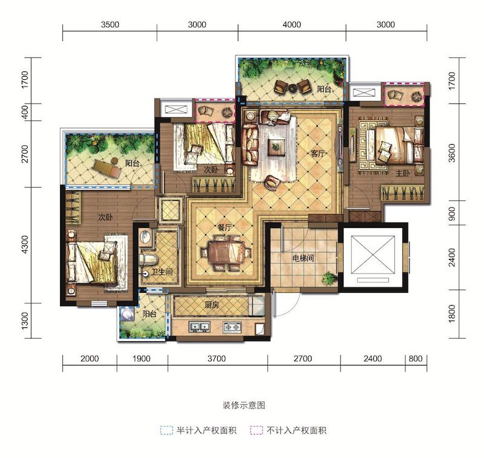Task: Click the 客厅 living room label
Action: pos(318,154)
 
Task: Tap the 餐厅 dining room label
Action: pos(224,228)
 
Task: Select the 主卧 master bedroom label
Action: pos(403,174)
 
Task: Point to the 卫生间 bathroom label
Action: pos(162,272)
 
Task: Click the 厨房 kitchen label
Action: pos(212,305)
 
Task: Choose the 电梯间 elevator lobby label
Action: pos(303,258)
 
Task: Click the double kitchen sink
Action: pos(200,327)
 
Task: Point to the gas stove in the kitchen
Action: pos(232,327)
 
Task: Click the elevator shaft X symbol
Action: pos(373,255)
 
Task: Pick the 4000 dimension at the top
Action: pos(292,24)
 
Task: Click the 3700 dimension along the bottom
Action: pos(217,359)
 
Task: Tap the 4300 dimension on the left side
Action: pos(25,245)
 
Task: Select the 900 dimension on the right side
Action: pos(451,213)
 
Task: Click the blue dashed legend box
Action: pos(167,431)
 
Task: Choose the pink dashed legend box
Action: pos(257,431)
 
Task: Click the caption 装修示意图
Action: pos(244,405)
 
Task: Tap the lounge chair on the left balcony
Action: pos(108,168)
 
